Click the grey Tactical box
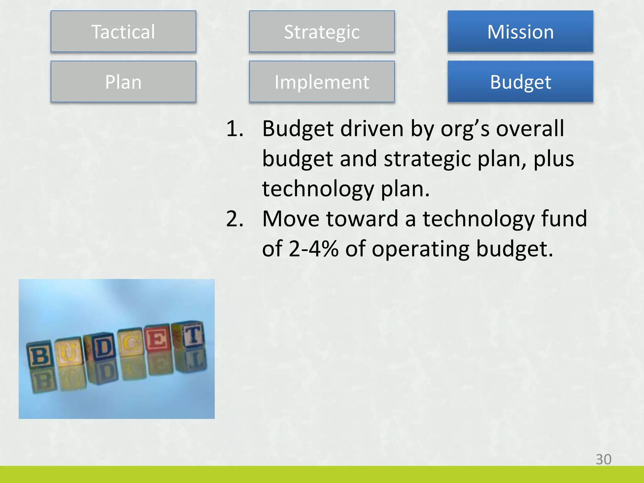tap(123, 31)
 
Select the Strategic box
tap(322, 31)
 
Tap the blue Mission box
tap(520, 31)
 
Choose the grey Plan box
tap(123, 82)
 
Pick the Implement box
tap(322, 82)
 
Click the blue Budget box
tap(520, 82)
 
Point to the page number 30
tap(603, 459)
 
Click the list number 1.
tap(235, 129)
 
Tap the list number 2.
tap(235, 219)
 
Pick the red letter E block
tap(158, 340)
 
